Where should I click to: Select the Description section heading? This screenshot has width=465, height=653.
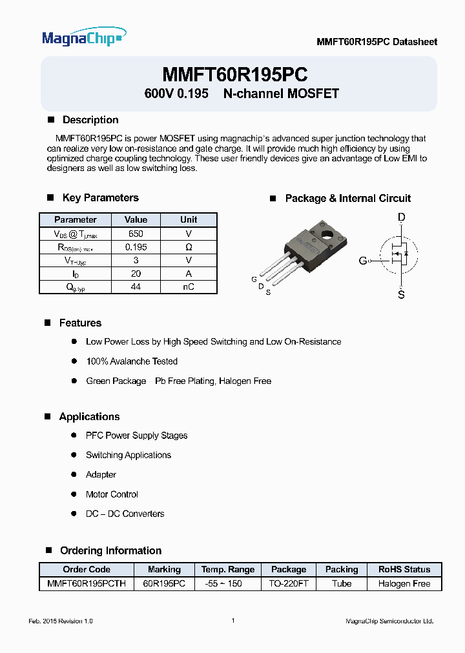click(90, 120)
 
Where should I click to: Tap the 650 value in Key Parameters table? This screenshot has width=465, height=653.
click(136, 234)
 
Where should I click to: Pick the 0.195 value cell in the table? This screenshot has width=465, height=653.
click(136, 247)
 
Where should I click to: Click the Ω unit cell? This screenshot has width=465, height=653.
click(189, 247)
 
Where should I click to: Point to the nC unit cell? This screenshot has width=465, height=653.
click(189, 287)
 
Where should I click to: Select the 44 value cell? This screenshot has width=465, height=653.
click(136, 287)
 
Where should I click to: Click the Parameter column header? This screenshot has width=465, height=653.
click(76, 220)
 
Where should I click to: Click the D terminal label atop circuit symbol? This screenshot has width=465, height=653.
click(401, 218)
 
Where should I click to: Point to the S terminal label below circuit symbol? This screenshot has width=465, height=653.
click(401, 295)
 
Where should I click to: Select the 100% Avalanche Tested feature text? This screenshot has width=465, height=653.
click(132, 361)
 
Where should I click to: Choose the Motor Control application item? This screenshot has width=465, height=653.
click(112, 494)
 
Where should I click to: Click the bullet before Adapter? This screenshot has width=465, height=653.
click(74, 475)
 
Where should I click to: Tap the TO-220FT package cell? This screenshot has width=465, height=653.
click(289, 583)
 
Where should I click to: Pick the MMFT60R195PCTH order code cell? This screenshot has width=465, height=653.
click(87, 583)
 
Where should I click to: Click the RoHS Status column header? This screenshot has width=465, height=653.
click(404, 569)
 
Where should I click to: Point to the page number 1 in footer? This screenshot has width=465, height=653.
click(232, 620)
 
